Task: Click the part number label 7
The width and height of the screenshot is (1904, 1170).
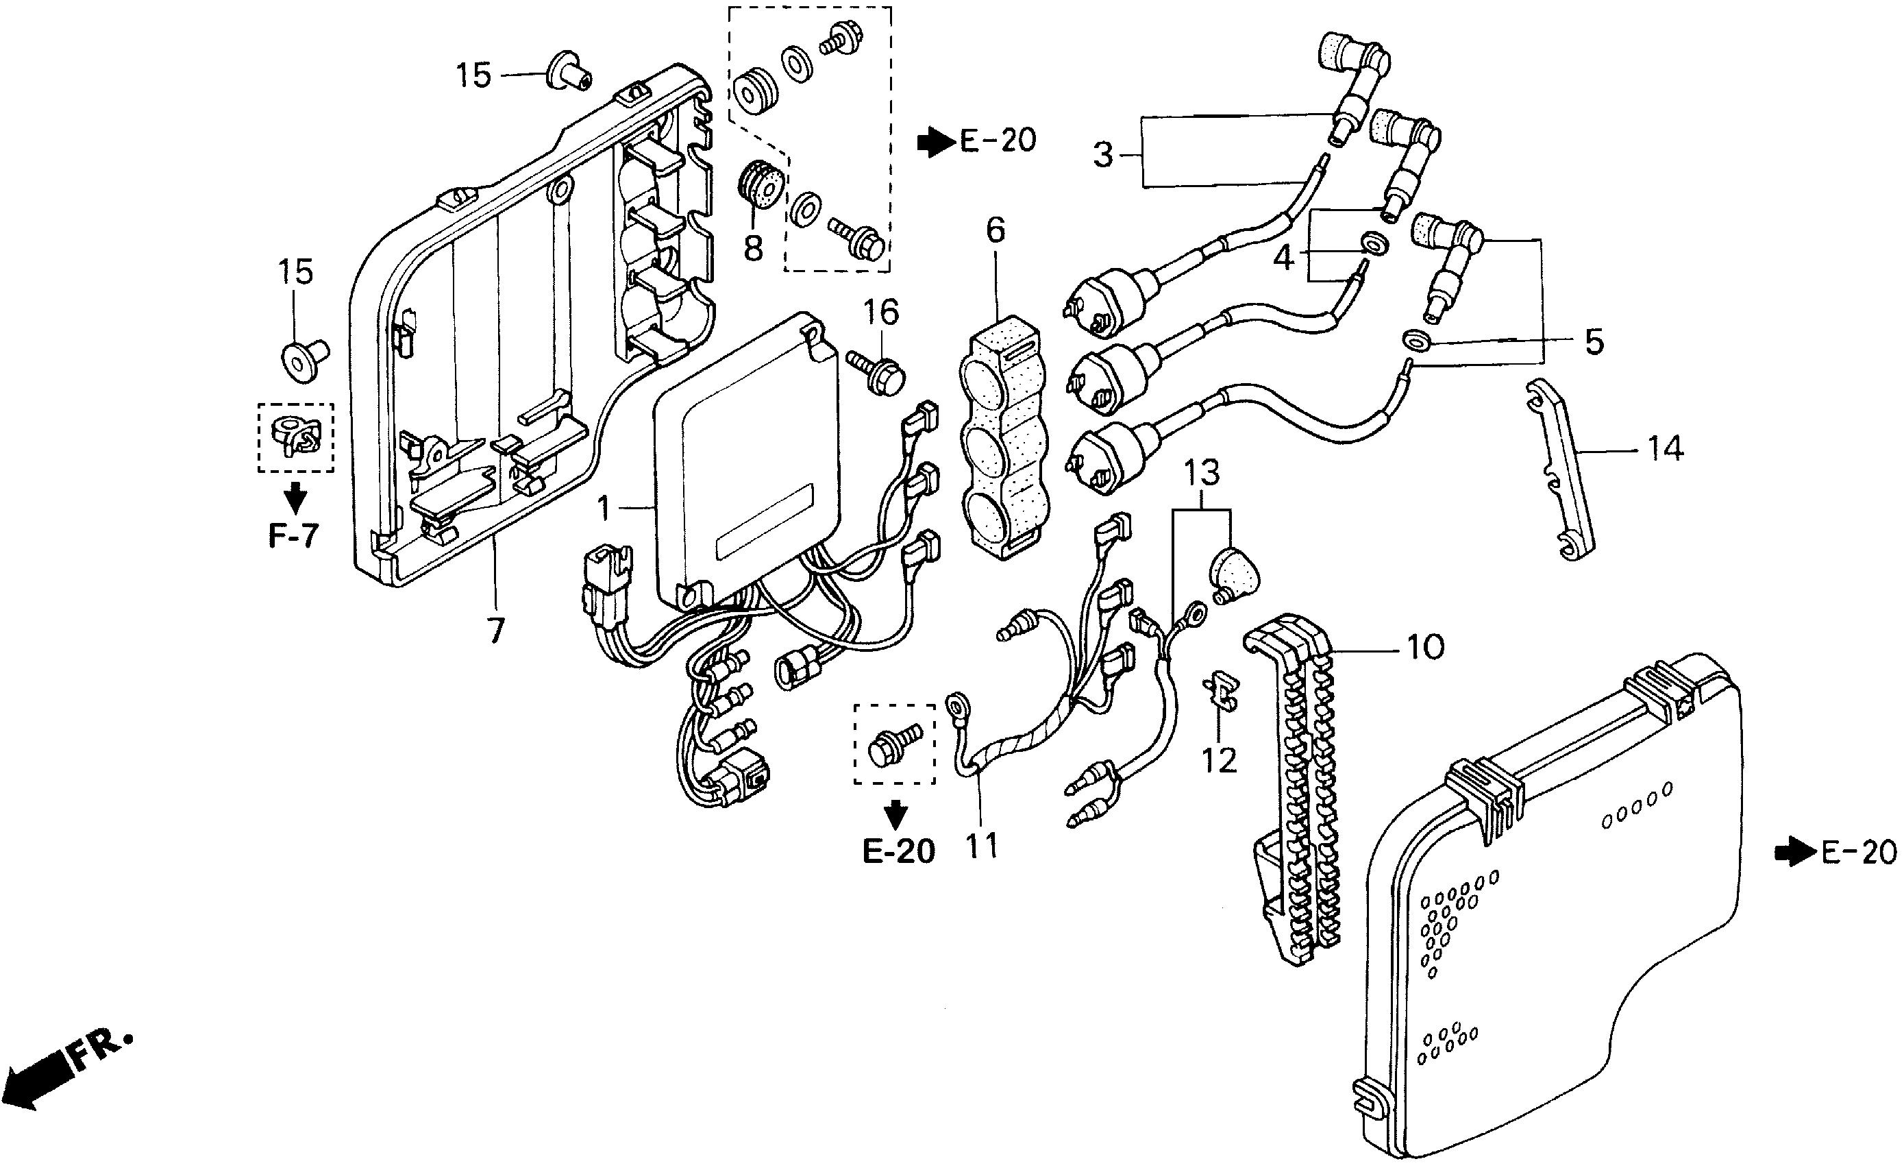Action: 494,630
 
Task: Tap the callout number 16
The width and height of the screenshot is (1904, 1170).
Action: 881,313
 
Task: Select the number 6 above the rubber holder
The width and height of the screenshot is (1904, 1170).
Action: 996,230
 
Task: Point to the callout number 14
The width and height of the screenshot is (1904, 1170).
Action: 1664,448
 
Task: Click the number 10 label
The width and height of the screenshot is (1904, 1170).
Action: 1424,646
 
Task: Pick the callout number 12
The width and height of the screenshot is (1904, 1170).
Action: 1219,760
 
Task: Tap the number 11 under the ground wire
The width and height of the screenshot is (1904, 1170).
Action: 981,845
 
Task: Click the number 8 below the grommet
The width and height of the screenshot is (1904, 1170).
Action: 752,248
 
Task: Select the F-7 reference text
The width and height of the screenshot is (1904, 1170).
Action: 294,535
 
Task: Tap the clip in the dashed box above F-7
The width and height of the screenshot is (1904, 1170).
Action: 296,437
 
